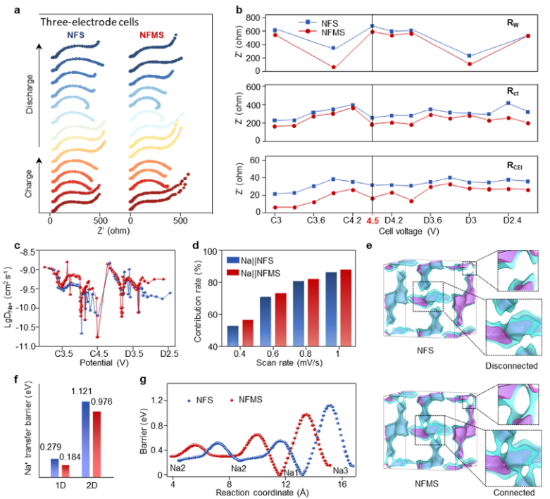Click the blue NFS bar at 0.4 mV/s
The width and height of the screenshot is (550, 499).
click(233, 335)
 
